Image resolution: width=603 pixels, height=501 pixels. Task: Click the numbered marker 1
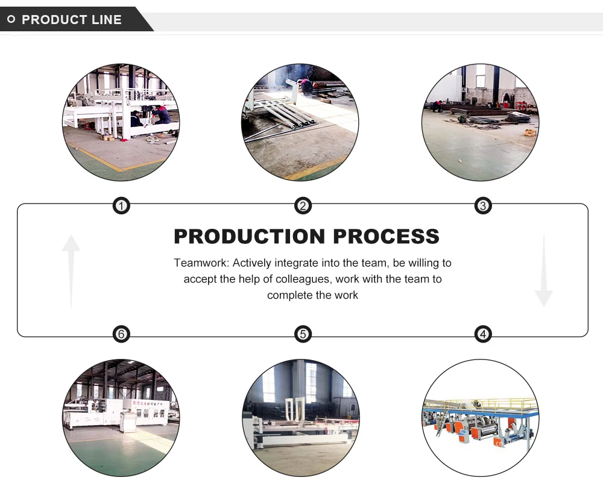pyautogui.click(x=122, y=207)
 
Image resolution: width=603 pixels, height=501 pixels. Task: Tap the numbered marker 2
pyautogui.click(x=303, y=207)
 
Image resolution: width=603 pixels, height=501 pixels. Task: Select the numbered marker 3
pyautogui.click(x=482, y=207)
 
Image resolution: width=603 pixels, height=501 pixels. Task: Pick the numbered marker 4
pyautogui.click(x=482, y=334)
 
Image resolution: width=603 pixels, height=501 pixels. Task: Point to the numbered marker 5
pyautogui.click(x=303, y=334)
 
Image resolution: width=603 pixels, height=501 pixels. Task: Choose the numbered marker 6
pyautogui.click(x=122, y=334)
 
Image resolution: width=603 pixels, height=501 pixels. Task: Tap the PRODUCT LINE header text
pyautogui.click(x=72, y=20)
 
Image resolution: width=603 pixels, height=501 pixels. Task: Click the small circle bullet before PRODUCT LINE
pyautogui.click(x=11, y=19)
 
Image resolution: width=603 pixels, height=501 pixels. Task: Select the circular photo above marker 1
pyautogui.click(x=121, y=122)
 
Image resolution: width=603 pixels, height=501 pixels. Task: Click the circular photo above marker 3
pyautogui.click(x=481, y=122)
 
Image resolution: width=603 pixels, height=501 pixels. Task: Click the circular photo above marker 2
pyautogui.click(x=301, y=122)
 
